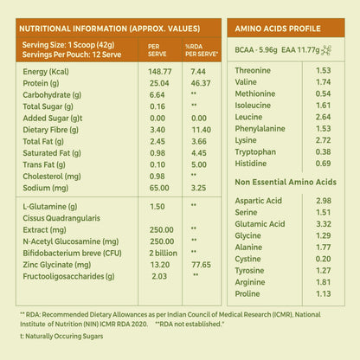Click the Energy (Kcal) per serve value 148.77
tap(160, 72)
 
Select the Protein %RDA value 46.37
tap(201, 83)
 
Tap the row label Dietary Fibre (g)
tap(51, 130)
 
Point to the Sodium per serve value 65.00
tap(159, 188)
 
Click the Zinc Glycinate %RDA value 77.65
tap(201, 265)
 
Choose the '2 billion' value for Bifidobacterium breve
tap(164, 253)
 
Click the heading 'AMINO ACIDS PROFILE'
tap(278, 29)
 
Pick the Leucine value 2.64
tap(323, 117)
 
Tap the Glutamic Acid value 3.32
tap(324, 224)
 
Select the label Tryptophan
tap(255, 152)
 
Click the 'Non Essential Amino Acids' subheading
tap(286, 182)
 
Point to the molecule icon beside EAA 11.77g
tap(326, 50)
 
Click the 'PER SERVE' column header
tap(157, 50)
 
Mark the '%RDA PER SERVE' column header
tap(202, 50)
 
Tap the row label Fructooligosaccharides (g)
tap(68, 276)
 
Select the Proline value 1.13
tap(323, 293)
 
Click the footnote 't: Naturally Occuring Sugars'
tap(61, 337)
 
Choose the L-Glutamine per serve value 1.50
tap(157, 207)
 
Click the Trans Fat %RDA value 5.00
tap(199, 164)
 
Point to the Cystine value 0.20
tap(323, 259)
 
